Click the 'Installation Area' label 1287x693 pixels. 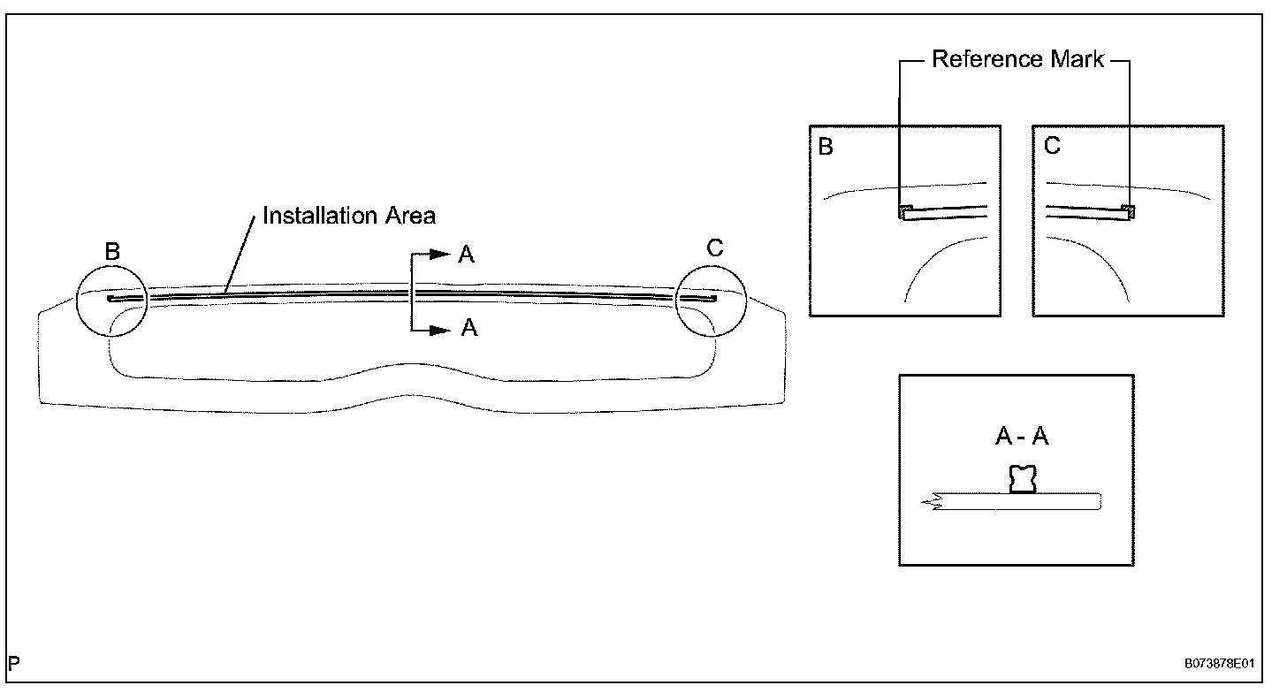tap(349, 216)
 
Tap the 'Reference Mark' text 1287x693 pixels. tap(1018, 60)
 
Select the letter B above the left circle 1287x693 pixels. tap(112, 252)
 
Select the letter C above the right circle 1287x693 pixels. tap(715, 249)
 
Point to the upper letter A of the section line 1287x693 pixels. tap(468, 255)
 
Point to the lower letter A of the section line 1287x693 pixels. tap(469, 329)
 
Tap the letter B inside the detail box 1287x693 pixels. tap(826, 147)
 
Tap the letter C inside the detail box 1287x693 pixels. tap(1052, 147)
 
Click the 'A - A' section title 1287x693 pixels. tap(1021, 437)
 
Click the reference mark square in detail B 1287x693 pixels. tap(906, 212)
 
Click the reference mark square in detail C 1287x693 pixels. tap(1128, 212)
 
